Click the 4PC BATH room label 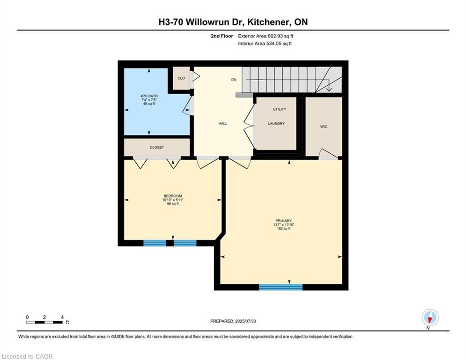149,96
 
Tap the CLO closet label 181,78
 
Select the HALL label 222,123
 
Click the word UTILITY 279,109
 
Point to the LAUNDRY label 276,123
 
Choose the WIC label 324,127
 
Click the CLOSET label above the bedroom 157,147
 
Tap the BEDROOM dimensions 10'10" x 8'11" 173,200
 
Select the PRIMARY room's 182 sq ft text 283,229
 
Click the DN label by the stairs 234,80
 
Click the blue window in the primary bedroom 281,287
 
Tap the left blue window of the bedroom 155,243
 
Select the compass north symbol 429,318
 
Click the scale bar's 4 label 62,317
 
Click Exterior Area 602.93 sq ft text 266,36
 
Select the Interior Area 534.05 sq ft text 265,44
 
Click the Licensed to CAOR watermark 27,356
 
